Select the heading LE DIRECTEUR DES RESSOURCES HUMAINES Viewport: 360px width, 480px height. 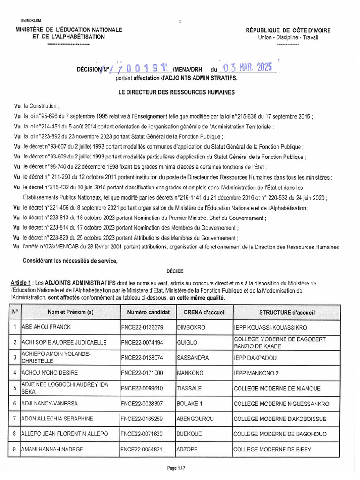pyautogui.click(x=177, y=93)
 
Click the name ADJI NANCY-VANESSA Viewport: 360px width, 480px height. pyautogui.click(x=50, y=404)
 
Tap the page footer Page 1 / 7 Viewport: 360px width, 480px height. pyautogui.click(x=180, y=468)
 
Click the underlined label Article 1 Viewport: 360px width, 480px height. pyautogui.click(x=21, y=284)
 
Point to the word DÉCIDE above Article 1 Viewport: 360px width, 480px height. pyautogui.click(x=175, y=271)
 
